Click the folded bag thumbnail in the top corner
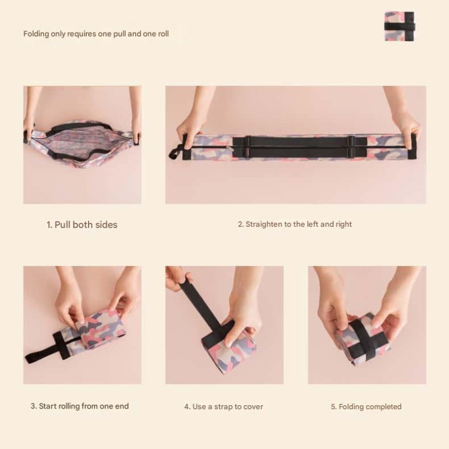click(x=399, y=26)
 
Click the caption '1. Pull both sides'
click(x=82, y=224)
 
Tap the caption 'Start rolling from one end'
click(x=80, y=406)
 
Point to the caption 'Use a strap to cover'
click(x=223, y=406)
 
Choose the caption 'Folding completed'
click(x=366, y=406)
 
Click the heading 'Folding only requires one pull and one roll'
click(x=96, y=34)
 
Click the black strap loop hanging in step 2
click(x=176, y=150)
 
